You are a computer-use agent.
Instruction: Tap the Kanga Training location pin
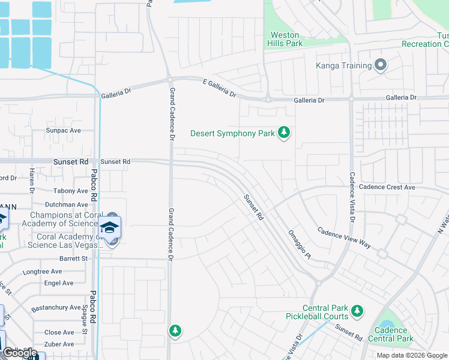click(x=380, y=65)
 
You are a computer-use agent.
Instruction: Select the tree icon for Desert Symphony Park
click(x=284, y=133)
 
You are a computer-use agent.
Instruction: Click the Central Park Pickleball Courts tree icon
click(x=357, y=311)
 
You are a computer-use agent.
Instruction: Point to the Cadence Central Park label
click(x=394, y=334)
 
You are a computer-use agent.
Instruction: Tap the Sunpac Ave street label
click(x=64, y=130)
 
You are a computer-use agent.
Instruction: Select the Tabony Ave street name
click(x=71, y=191)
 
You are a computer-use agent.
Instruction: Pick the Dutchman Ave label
click(x=67, y=205)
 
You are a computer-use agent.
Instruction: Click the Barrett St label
click(x=73, y=259)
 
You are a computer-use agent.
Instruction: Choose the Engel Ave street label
click(x=59, y=283)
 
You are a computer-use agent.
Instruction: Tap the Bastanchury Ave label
click(x=56, y=307)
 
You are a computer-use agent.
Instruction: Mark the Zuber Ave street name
click(x=59, y=344)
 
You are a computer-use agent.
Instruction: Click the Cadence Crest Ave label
click(x=387, y=187)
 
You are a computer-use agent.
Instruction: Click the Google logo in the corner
click(x=20, y=353)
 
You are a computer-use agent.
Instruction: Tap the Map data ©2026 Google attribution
click(x=412, y=355)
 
